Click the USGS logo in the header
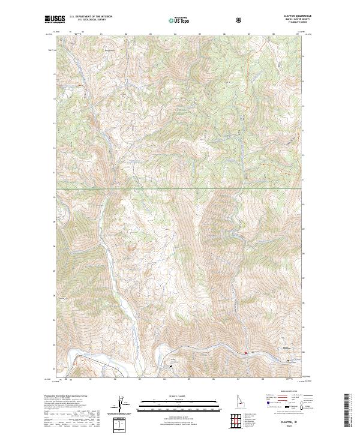click(56, 20)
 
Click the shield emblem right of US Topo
click(240, 20)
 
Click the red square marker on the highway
click(245, 353)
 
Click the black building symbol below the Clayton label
click(288, 361)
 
